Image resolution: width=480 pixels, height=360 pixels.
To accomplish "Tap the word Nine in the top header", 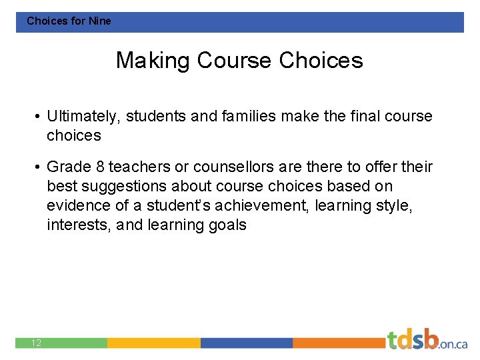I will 100,21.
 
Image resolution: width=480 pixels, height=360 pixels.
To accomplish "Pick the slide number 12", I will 36,343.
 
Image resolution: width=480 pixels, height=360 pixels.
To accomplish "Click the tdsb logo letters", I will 413,340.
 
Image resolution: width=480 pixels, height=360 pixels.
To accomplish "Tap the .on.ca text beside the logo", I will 453,343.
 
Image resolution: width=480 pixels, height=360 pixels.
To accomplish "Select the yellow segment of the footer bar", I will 153,343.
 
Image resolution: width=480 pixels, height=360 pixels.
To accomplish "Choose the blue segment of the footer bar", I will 247,343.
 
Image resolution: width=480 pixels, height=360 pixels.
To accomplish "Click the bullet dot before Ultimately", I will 38,117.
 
